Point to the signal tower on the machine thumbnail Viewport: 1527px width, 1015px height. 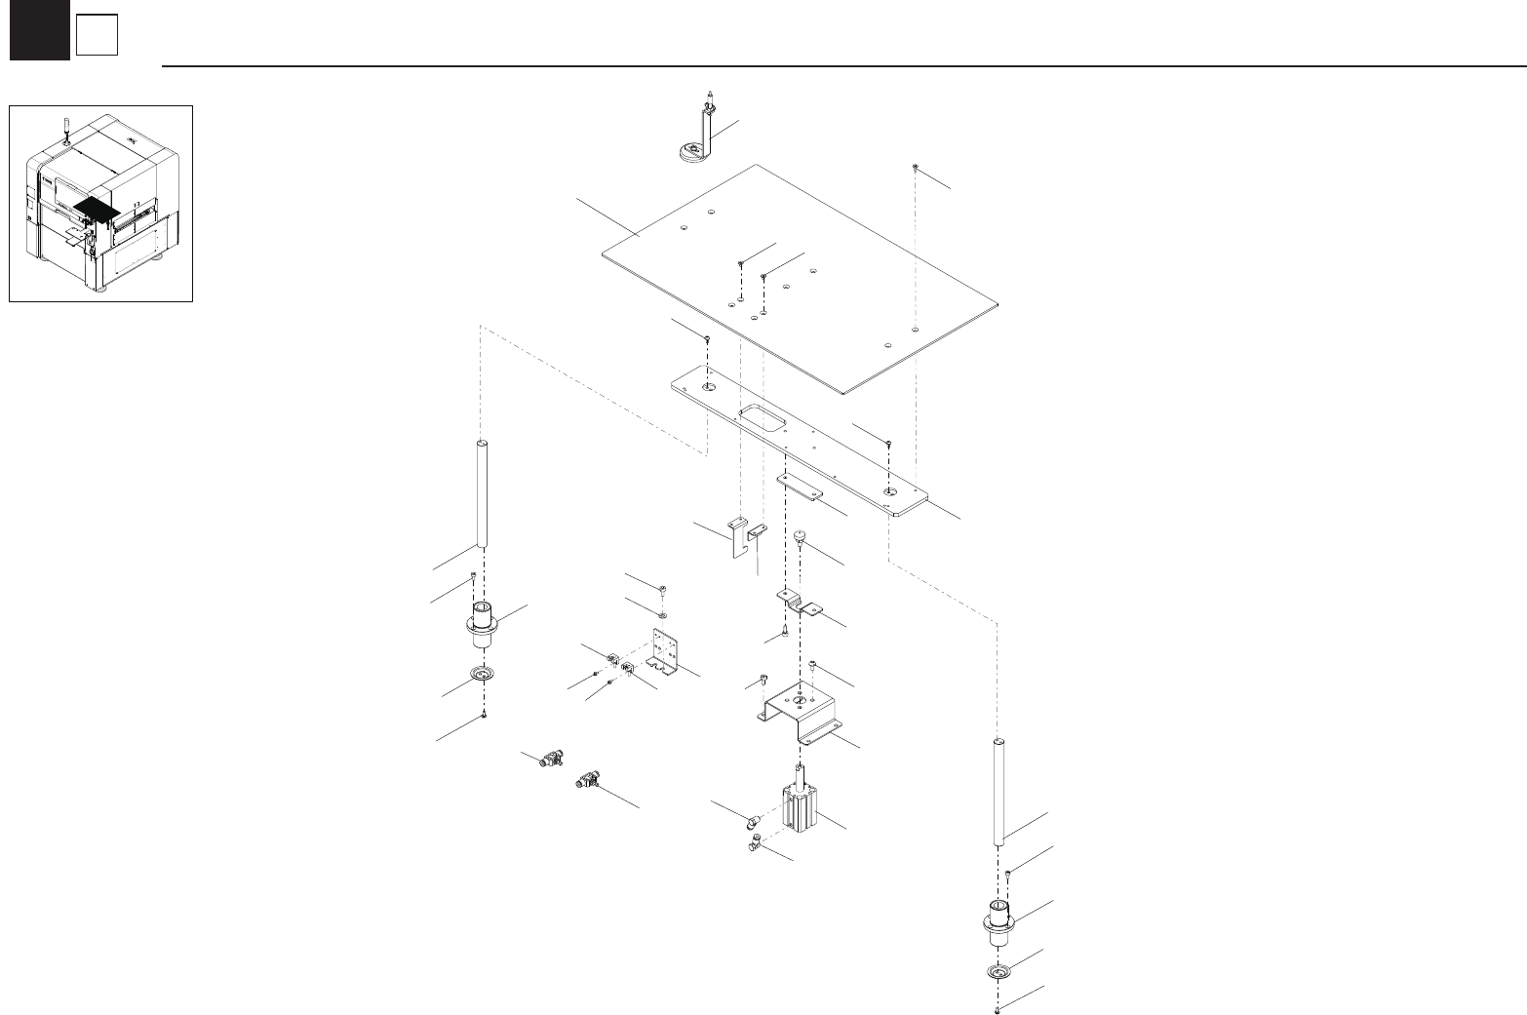tap(64, 127)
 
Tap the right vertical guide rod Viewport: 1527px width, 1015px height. tap(998, 793)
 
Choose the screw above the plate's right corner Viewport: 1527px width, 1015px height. tap(916, 169)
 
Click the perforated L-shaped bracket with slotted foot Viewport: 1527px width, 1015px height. tap(666, 652)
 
